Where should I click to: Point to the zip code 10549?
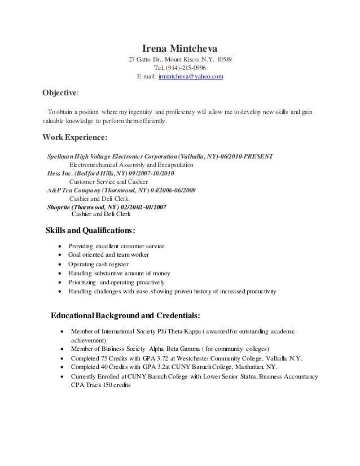pyautogui.click(x=221, y=59)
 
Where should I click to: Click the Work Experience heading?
pyautogui.click(x=75, y=137)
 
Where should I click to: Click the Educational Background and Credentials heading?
pyautogui.click(x=125, y=314)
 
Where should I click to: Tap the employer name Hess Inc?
pyautogui.click(x=60, y=173)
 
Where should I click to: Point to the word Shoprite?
pyautogui.click(x=61, y=207)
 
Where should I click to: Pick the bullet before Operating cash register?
pyautogui.click(x=60, y=264)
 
